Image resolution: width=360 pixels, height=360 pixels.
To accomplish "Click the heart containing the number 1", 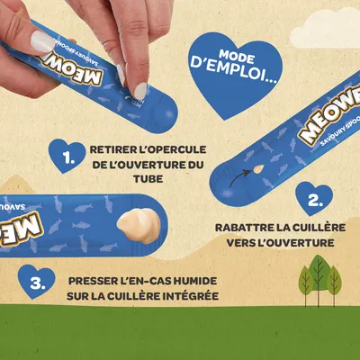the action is point(67,155).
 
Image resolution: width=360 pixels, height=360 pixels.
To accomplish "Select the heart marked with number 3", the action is point(37,281).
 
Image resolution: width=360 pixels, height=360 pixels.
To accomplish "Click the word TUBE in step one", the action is point(148,179).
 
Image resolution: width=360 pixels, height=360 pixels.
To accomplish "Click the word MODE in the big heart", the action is point(237,57).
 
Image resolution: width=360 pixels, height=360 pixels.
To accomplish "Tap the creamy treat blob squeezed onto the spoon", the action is point(139,226).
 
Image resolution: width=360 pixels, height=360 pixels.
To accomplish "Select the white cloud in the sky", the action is point(327,29).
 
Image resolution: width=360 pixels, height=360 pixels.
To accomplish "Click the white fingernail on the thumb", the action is point(43,41).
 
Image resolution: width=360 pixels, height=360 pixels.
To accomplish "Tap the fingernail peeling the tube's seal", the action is point(140,91).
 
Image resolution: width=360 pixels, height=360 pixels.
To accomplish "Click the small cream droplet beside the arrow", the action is point(258,169).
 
